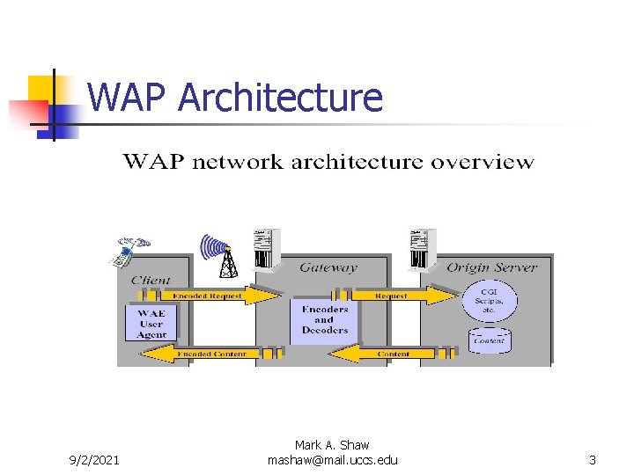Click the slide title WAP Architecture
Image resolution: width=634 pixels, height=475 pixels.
[235, 98]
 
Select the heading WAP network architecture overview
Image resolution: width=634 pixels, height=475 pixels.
[328, 162]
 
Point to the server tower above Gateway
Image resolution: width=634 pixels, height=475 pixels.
[265, 249]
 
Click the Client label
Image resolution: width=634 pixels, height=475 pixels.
[151, 280]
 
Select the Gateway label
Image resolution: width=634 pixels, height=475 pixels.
[328, 267]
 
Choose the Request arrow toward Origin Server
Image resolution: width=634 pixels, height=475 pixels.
[400, 296]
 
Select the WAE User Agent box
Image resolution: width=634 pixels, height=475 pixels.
[151, 324]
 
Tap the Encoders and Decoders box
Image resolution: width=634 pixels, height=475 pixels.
[324, 320]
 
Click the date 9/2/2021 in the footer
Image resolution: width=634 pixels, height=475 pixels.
[94, 460]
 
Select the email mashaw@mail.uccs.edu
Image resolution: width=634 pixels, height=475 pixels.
[332, 460]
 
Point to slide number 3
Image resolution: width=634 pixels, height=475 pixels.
[593, 460]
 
